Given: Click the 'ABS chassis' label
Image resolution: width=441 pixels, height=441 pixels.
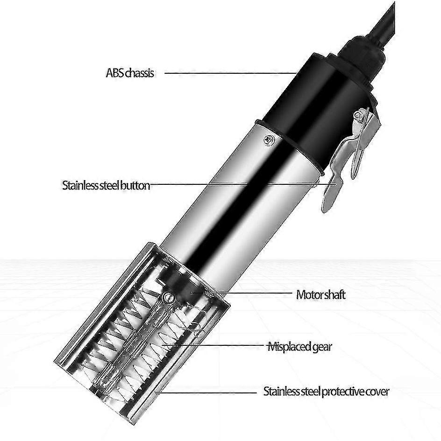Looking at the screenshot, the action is (130, 73).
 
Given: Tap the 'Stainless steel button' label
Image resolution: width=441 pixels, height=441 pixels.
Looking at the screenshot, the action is (106, 186).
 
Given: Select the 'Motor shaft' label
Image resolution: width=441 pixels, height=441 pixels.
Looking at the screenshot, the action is (321, 295).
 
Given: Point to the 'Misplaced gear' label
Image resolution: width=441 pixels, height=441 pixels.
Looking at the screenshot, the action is (299, 346).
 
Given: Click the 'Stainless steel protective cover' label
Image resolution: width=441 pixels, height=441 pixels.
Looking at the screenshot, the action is (326, 391).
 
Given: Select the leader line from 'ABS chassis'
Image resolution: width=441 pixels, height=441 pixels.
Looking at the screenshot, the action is (230, 73).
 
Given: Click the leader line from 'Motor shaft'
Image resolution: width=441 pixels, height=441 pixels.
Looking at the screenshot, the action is (242, 293).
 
